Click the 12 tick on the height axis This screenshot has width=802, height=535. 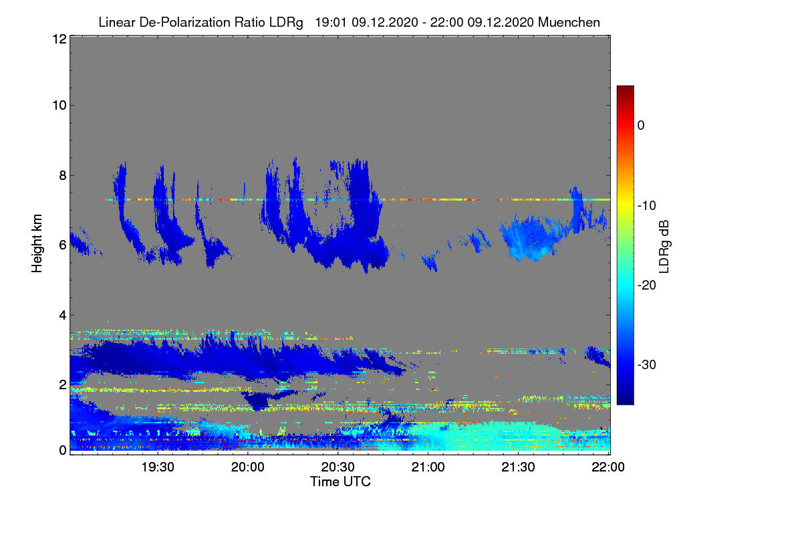(x=59, y=39)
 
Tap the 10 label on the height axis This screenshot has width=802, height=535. (x=59, y=105)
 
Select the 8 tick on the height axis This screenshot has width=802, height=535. (x=62, y=176)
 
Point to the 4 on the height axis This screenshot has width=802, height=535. (x=62, y=315)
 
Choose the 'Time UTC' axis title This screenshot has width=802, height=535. (x=340, y=481)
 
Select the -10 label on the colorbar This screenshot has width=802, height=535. (x=647, y=205)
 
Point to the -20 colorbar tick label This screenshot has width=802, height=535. (x=647, y=286)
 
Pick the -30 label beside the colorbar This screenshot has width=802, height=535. (x=647, y=365)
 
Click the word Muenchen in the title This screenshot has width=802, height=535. (x=569, y=23)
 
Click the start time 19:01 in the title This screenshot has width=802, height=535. (x=329, y=23)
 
